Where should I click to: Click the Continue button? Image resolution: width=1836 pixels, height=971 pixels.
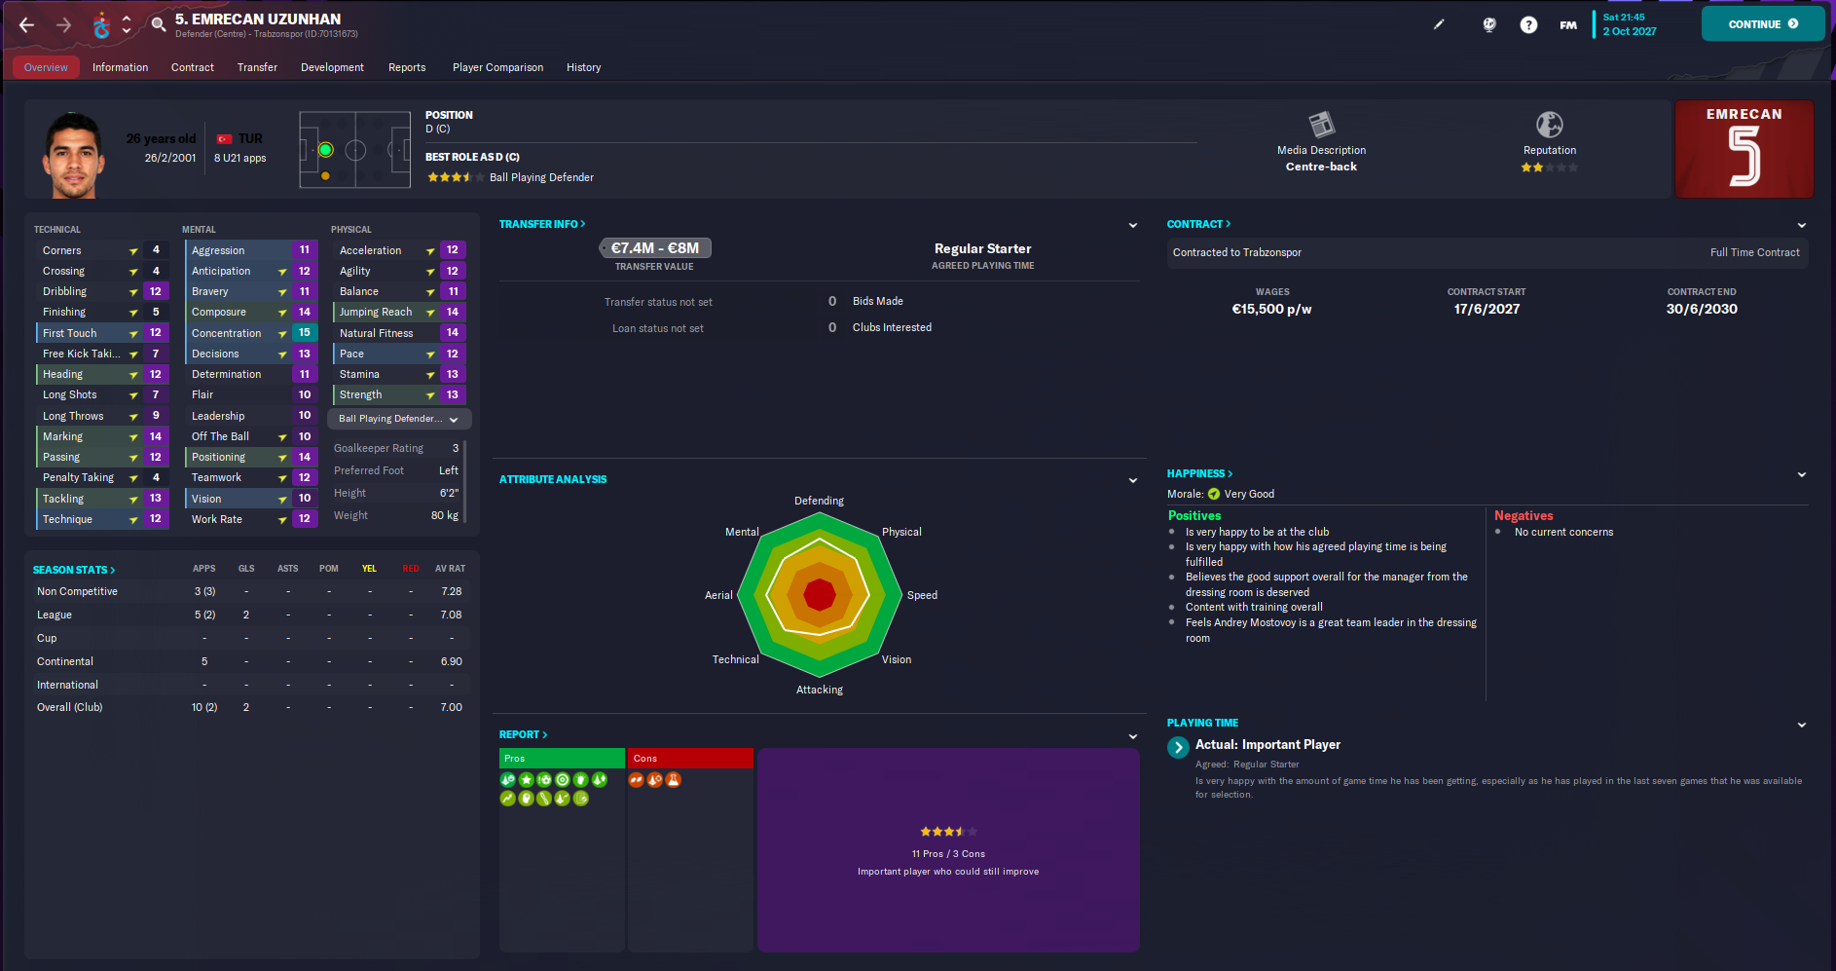click(x=1762, y=24)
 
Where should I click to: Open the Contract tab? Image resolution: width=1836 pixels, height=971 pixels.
click(x=192, y=67)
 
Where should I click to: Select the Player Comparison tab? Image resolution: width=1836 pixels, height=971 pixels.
click(x=497, y=67)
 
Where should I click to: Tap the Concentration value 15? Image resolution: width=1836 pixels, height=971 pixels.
click(x=305, y=333)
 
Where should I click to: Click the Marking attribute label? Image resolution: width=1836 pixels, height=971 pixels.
click(x=62, y=436)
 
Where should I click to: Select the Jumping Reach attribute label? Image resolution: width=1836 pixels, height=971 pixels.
click(x=376, y=312)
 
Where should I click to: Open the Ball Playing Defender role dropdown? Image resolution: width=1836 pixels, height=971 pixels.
click(x=399, y=419)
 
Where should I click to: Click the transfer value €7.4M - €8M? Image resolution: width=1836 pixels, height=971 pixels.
click(x=655, y=248)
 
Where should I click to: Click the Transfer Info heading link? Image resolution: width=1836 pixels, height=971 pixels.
click(x=541, y=224)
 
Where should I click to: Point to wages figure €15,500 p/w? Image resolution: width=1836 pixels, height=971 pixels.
click(x=1271, y=309)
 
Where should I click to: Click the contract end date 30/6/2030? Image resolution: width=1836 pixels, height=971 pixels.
click(x=1701, y=309)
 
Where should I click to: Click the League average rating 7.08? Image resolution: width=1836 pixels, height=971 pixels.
click(x=451, y=615)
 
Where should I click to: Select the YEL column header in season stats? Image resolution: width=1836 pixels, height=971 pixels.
click(x=369, y=569)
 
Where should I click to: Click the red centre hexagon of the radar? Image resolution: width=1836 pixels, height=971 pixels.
click(x=820, y=594)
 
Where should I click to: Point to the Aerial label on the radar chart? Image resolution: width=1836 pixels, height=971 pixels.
click(x=718, y=595)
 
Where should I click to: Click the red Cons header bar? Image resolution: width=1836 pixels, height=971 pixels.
click(x=690, y=758)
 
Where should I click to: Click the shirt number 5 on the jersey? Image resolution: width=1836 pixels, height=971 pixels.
click(x=1744, y=158)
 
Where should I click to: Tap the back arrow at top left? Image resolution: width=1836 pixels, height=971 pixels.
click(x=26, y=25)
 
